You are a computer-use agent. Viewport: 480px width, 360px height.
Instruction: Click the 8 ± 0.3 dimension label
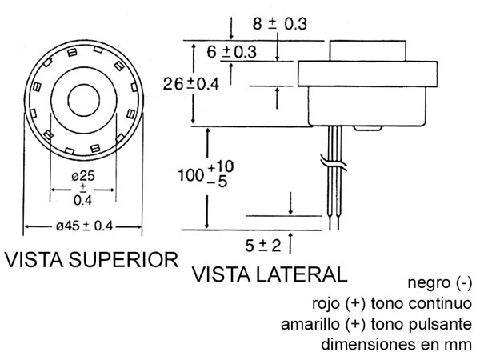click(x=279, y=24)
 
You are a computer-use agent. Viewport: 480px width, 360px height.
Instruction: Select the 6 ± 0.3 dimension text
click(x=232, y=52)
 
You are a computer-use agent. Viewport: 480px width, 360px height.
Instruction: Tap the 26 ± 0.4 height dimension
click(x=191, y=83)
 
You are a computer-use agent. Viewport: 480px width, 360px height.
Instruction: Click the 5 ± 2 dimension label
click(x=263, y=246)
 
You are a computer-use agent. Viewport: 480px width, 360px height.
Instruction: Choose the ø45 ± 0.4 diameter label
click(x=85, y=226)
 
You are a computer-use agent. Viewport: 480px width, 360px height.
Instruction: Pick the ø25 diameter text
click(x=83, y=176)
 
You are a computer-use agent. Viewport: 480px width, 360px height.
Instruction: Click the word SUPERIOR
click(x=123, y=260)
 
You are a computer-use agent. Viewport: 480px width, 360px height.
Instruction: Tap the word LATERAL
click(x=302, y=274)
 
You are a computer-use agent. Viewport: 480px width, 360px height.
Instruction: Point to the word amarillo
click(x=310, y=324)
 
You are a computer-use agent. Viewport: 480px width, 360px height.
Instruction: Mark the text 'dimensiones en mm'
click(x=397, y=344)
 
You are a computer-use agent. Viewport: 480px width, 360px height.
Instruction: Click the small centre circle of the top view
click(x=83, y=101)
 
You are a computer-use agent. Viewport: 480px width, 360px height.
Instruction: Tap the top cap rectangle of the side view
click(x=368, y=51)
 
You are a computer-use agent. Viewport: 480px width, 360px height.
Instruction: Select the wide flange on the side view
click(x=367, y=74)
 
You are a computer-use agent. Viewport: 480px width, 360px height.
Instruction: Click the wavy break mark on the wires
click(x=334, y=162)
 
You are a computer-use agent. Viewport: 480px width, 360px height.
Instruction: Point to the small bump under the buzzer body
click(x=367, y=128)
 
